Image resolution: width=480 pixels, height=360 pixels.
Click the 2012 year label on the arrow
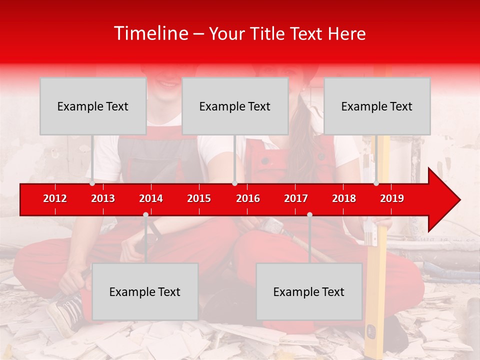[55, 198]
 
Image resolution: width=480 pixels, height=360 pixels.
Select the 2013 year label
[103, 198]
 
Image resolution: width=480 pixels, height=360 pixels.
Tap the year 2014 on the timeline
[151, 198]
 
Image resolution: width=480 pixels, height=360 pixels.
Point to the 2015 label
[199, 198]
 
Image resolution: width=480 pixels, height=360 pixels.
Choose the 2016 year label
[248, 198]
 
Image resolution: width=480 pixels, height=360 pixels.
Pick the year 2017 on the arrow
[296, 198]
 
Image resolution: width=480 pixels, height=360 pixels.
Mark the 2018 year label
[344, 198]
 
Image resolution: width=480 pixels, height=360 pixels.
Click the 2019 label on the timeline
[392, 198]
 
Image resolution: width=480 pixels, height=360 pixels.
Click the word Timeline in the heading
[150, 33]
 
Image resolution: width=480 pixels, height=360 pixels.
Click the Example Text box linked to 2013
[93, 106]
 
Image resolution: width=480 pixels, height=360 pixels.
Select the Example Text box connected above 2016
[235, 106]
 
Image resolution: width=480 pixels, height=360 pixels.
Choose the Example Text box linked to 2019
[377, 106]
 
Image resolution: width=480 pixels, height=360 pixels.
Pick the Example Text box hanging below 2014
[145, 291]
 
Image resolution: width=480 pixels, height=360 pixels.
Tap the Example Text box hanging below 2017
[309, 291]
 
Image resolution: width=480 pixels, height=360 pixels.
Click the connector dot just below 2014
[145, 214]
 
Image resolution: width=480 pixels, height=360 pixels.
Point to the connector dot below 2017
[309, 214]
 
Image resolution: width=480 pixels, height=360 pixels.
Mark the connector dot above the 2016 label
[234, 183]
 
